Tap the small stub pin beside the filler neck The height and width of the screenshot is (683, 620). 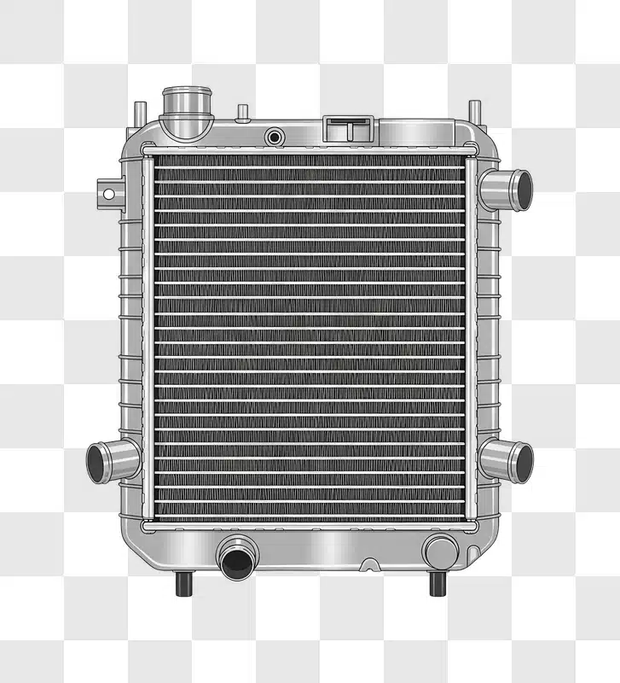(x=243, y=113)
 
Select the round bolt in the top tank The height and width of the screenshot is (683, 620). (x=275, y=137)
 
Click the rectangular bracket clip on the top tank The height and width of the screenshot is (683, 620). (x=349, y=130)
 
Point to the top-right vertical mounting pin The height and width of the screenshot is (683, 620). (x=474, y=112)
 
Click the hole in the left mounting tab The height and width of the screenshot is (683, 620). (x=108, y=194)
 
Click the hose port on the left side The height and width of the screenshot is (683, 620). (x=113, y=461)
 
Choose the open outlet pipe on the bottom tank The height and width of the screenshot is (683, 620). (x=235, y=558)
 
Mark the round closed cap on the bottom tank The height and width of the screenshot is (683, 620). (x=440, y=552)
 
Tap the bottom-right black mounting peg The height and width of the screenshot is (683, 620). (x=437, y=584)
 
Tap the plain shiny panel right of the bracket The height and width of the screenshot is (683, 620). (x=418, y=132)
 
